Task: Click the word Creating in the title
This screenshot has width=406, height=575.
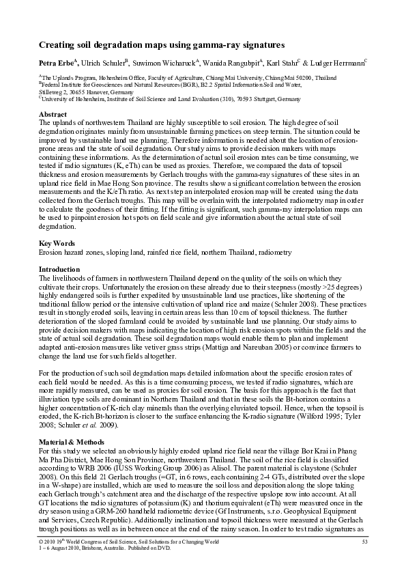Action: click(59, 46)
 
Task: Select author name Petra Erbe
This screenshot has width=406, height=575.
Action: click(55, 64)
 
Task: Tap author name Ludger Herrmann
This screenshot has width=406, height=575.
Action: click(337, 64)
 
